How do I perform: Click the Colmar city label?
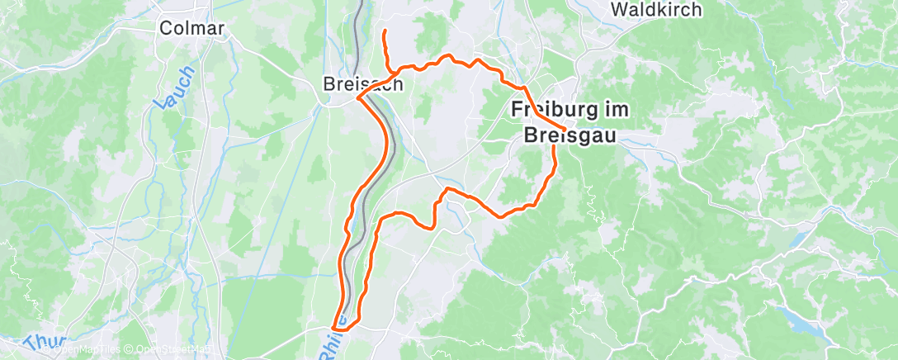coord(191,28)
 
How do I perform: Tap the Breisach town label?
coord(363,84)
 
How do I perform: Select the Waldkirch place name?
coord(656,10)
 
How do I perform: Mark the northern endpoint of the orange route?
coord(385,31)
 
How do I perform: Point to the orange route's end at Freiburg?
coord(564,129)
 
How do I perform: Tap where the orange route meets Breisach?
coord(358,98)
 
